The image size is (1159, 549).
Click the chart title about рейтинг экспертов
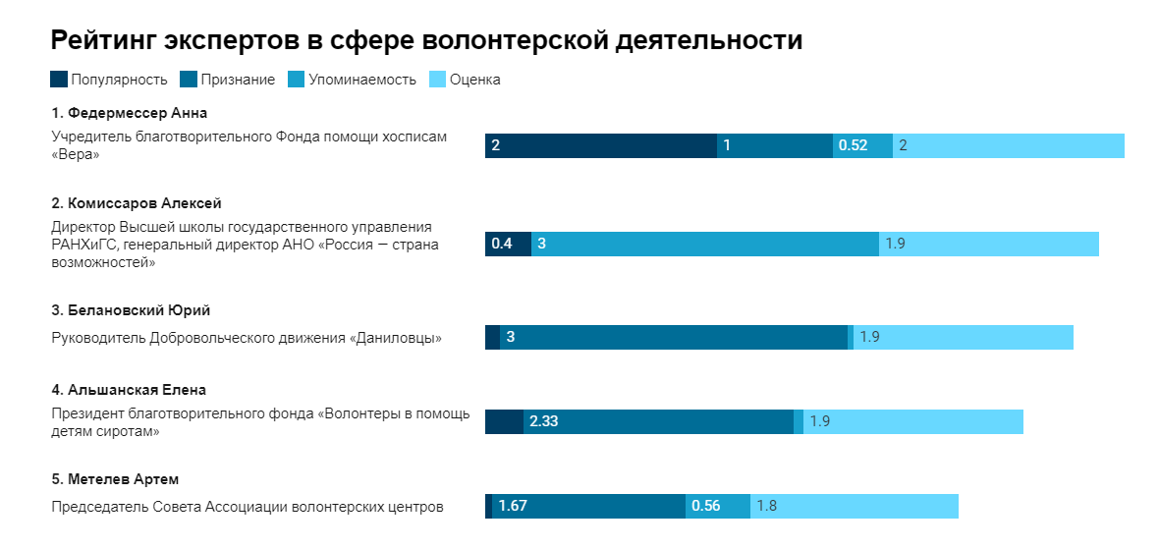coord(426,40)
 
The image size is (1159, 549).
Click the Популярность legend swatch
coord(59,80)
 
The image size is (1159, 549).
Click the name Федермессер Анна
coord(129,112)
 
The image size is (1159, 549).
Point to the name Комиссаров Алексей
coord(137,203)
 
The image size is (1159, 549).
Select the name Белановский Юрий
coord(131,310)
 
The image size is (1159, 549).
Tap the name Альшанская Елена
coord(129,390)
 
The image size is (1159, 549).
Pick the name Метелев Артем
coord(115,479)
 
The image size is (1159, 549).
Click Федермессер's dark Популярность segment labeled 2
coord(600,145)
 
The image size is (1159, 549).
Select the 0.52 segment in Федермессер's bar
coord(862,145)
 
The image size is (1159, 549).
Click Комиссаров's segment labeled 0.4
coord(508,244)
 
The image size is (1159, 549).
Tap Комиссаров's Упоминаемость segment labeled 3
coord(704,244)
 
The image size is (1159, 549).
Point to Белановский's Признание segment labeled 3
coord(673,337)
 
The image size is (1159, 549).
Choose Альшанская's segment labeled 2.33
coord(658,421)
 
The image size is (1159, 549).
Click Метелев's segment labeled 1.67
coord(587,506)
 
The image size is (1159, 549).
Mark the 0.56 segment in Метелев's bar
coord(717,506)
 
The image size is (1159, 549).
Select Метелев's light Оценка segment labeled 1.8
coord(855,506)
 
